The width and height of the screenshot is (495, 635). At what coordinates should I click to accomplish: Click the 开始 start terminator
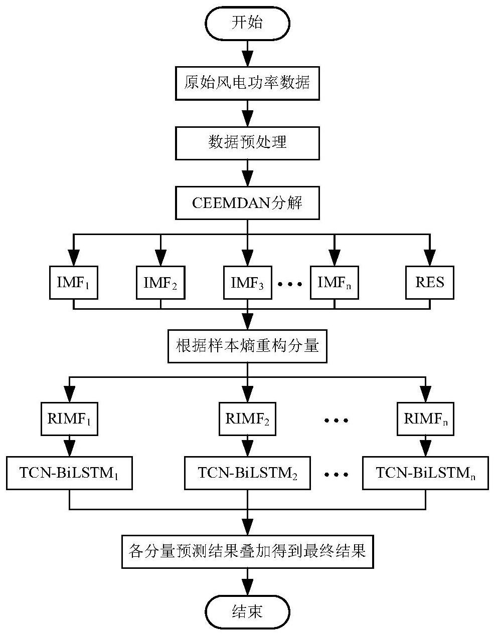pyautogui.click(x=247, y=23)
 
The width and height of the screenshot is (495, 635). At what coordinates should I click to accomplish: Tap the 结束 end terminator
pyautogui.click(x=247, y=611)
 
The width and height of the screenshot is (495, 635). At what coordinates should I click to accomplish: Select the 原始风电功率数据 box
pyautogui.click(x=247, y=82)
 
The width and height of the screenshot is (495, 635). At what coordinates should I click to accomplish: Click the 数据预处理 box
pyautogui.click(x=247, y=142)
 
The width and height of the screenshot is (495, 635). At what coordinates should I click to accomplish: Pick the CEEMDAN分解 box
pyautogui.click(x=247, y=202)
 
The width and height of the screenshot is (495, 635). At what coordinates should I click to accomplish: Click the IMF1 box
pyautogui.click(x=74, y=283)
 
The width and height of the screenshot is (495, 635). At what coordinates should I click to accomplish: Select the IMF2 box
pyautogui.click(x=160, y=283)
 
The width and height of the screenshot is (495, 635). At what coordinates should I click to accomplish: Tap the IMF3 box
pyautogui.click(x=247, y=283)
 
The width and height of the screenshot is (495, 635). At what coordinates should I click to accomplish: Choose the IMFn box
pyautogui.click(x=335, y=283)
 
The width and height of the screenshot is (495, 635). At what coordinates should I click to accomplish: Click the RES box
pyautogui.click(x=430, y=283)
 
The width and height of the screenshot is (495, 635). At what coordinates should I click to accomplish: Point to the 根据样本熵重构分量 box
pyautogui.click(x=247, y=346)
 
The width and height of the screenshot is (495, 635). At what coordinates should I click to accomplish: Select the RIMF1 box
pyautogui.click(x=69, y=419)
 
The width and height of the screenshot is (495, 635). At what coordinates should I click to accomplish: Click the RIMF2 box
pyautogui.click(x=247, y=419)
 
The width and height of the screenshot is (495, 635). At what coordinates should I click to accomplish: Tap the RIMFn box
pyautogui.click(x=425, y=419)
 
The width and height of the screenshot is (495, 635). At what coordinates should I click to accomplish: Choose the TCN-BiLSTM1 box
pyautogui.click(x=69, y=473)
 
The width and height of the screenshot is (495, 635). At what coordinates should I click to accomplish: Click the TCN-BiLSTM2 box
pyautogui.click(x=247, y=473)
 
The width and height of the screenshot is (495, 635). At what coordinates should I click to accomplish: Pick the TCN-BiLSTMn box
pyautogui.click(x=425, y=473)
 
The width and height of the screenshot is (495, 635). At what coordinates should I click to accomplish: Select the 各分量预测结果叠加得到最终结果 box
pyautogui.click(x=247, y=552)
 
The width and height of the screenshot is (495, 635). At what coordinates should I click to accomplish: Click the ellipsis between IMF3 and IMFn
pyautogui.click(x=290, y=284)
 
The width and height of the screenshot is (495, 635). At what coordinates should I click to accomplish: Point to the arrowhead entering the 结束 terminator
pyautogui.click(x=247, y=587)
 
